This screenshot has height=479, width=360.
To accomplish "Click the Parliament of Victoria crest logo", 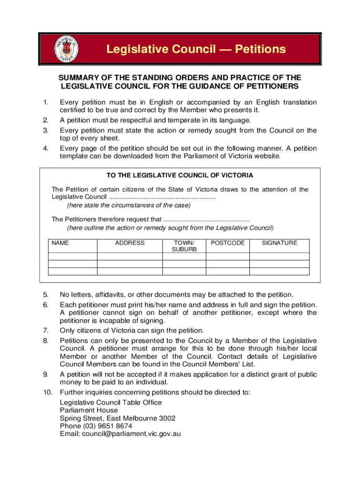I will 66,49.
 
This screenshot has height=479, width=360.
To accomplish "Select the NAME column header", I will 60,243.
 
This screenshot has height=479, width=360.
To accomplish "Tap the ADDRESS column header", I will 130,243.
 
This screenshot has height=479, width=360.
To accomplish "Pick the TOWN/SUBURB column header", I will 184,246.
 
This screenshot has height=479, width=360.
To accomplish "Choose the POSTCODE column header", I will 228,243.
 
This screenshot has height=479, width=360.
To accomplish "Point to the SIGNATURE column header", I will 279,243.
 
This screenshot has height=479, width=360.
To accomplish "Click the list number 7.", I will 45,330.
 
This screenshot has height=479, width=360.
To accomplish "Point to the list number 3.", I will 45,130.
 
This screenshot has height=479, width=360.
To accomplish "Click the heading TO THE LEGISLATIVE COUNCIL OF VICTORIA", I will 180,175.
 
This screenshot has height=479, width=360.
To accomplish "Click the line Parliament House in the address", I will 88,410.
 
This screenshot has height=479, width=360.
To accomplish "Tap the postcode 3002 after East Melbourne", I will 167,418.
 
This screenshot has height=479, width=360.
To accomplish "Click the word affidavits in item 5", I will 110,295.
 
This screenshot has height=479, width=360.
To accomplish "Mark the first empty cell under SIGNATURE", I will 279,257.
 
